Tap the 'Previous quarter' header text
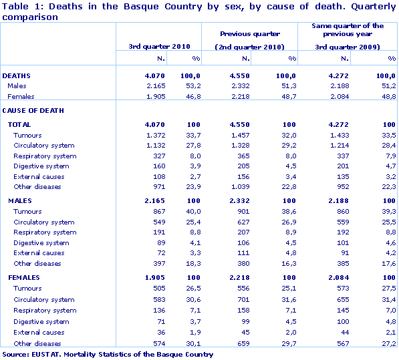[x=250, y=33]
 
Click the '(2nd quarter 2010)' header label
[x=250, y=46]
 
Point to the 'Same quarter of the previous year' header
[x=348, y=29]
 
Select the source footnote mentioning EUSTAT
[x=108, y=355]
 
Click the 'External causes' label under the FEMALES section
[x=39, y=332]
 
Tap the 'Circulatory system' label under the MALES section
[x=44, y=222]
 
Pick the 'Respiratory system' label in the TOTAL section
[x=45, y=156]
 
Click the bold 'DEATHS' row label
[x=17, y=76]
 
